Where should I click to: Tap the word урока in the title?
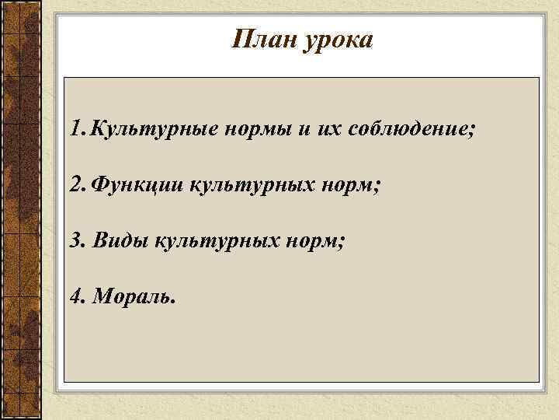[x=339, y=40]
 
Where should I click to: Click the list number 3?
[x=75, y=240]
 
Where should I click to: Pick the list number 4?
[x=75, y=296]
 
